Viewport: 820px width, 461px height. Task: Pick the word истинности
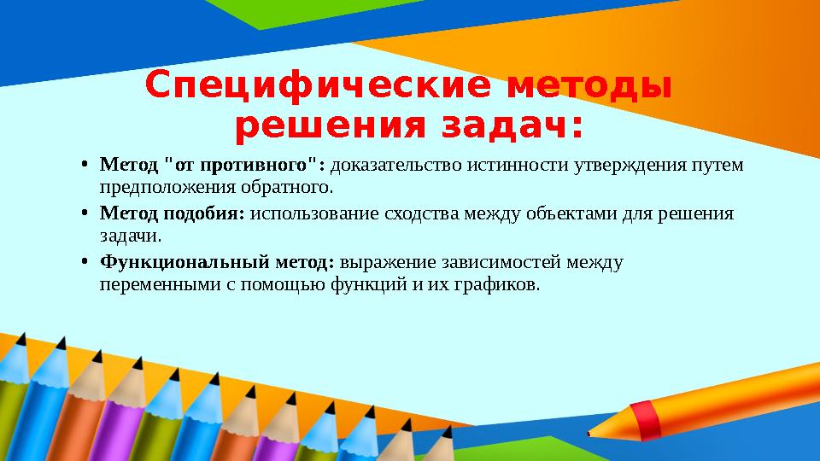(518, 164)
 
